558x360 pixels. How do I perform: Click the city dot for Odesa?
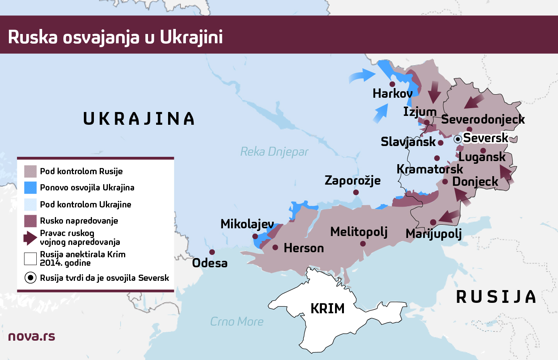212,252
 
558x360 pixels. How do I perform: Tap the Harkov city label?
392,93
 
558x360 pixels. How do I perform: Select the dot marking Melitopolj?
363,244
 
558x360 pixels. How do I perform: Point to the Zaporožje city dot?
356,192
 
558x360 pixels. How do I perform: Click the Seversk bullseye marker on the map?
458,139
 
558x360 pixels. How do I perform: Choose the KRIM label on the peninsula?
327,309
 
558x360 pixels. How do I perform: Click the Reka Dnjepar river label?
274,152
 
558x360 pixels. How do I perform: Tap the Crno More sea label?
236,321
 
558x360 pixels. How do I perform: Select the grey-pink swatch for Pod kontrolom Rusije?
31,171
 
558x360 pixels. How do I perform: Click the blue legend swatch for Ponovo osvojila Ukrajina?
31,188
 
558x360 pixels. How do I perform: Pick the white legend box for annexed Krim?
31,258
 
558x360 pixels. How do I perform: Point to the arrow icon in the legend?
30,238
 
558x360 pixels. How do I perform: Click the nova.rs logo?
32,336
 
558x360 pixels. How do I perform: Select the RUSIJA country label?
496,297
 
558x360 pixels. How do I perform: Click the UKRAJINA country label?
139,119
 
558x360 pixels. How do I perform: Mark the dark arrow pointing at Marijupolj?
450,217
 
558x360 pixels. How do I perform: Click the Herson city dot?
275,247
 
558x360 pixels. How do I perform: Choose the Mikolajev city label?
247,224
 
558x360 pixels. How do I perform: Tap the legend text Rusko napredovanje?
79,221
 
